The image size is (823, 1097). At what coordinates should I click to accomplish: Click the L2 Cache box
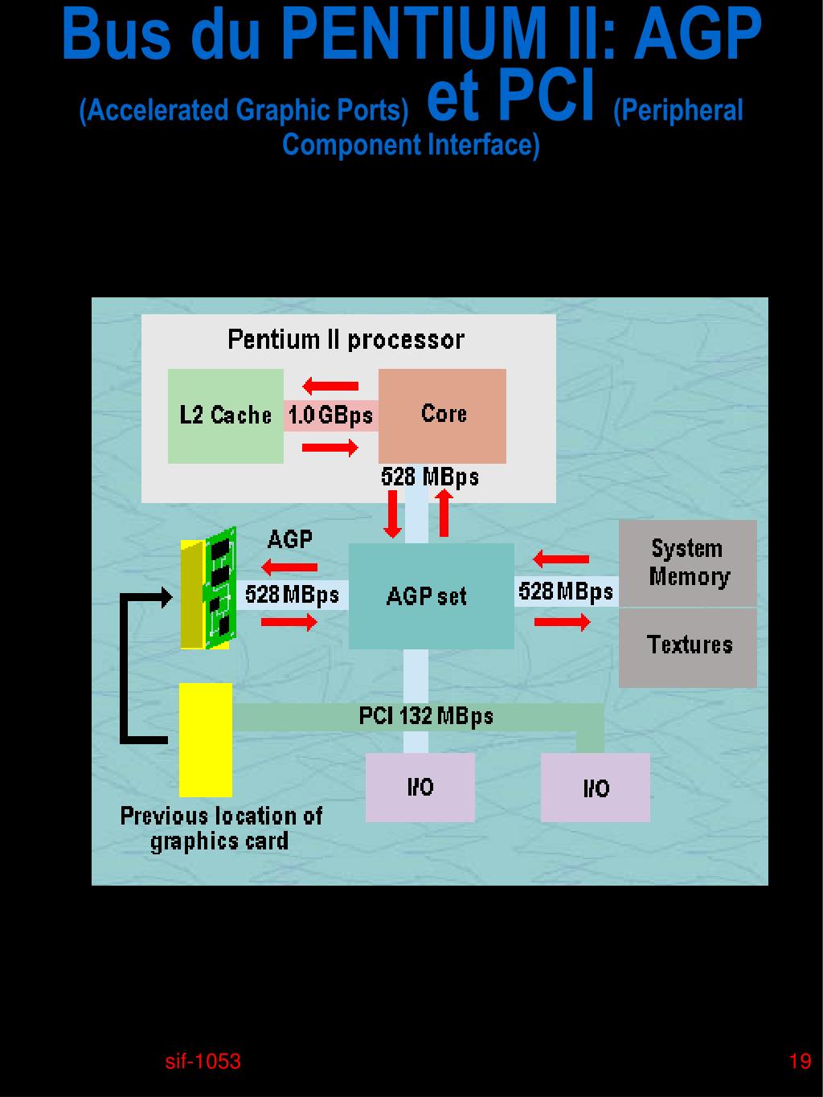(x=225, y=415)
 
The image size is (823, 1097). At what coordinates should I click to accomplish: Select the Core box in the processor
(x=442, y=415)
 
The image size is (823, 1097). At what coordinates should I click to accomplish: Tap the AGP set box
(x=432, y=596)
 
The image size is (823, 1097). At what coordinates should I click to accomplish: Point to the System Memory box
(x=688, y=563)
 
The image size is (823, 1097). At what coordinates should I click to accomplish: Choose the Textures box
(x=688, y=648)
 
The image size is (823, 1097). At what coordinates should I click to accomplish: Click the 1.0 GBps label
(x=331, y=415)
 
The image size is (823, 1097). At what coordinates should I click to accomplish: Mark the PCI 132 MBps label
(x=426, y=716)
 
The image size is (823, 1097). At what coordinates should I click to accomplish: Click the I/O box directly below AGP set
(x=420, y=788)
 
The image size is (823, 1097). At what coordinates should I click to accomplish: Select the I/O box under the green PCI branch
(x=596, y=788)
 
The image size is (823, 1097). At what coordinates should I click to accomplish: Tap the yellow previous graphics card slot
(x=206, y=739)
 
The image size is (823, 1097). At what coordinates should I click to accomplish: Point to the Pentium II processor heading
(x=346, y=340)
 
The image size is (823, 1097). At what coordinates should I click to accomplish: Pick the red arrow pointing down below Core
(x=393, y=514)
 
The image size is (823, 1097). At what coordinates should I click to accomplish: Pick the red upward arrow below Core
(x=444, y=514)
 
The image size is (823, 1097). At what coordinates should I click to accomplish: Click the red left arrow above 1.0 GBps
(x=330, y=386)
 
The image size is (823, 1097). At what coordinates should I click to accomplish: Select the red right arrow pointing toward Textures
(x=562, y=622)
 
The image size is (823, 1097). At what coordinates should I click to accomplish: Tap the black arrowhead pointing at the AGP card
(x=166, y=598)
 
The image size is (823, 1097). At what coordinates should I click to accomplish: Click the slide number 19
(x=800, y=1062)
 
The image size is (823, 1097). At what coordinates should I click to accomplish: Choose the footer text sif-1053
(x=203, y=1062)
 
